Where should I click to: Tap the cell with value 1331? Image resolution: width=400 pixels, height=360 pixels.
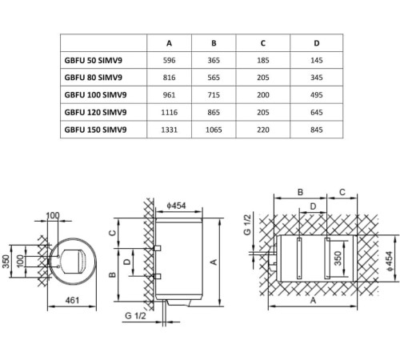168,130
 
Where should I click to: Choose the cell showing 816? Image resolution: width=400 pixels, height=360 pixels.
168,78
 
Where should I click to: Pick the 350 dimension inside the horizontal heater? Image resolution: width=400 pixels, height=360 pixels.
338,261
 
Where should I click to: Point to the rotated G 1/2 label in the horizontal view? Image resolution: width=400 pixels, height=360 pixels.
248,226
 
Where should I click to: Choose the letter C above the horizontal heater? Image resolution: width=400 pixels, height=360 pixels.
342,193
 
